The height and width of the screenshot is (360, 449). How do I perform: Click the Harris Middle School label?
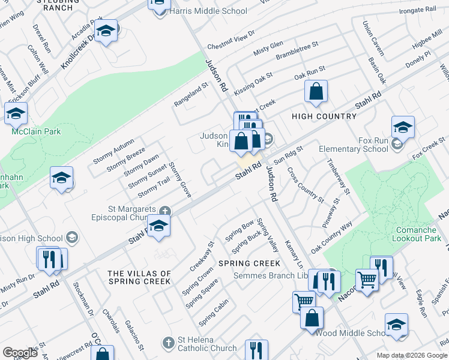208,11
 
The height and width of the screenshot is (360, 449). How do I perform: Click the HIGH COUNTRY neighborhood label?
324,116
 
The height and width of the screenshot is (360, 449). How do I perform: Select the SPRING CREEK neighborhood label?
249,263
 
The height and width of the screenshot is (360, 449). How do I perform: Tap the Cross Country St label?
306,184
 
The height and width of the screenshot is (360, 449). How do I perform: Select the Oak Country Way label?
331,238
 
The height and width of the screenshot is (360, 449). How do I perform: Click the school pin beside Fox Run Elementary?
403,127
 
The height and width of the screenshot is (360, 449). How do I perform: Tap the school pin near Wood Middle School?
396,325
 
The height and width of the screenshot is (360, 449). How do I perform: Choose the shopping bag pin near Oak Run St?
316,91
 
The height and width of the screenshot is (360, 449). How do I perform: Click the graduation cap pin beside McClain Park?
16,113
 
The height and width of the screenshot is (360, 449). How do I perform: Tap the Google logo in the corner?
20,353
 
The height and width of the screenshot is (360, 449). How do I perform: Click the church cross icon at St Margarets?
165,211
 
